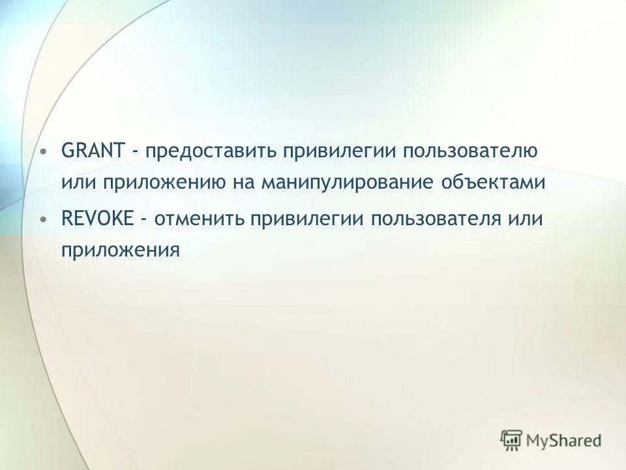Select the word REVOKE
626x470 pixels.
[x=97, y=218]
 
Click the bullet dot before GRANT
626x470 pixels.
[x=43, y=153]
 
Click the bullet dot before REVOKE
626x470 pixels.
[x=43, y=219]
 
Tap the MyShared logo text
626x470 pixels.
[x=565, y=441]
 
